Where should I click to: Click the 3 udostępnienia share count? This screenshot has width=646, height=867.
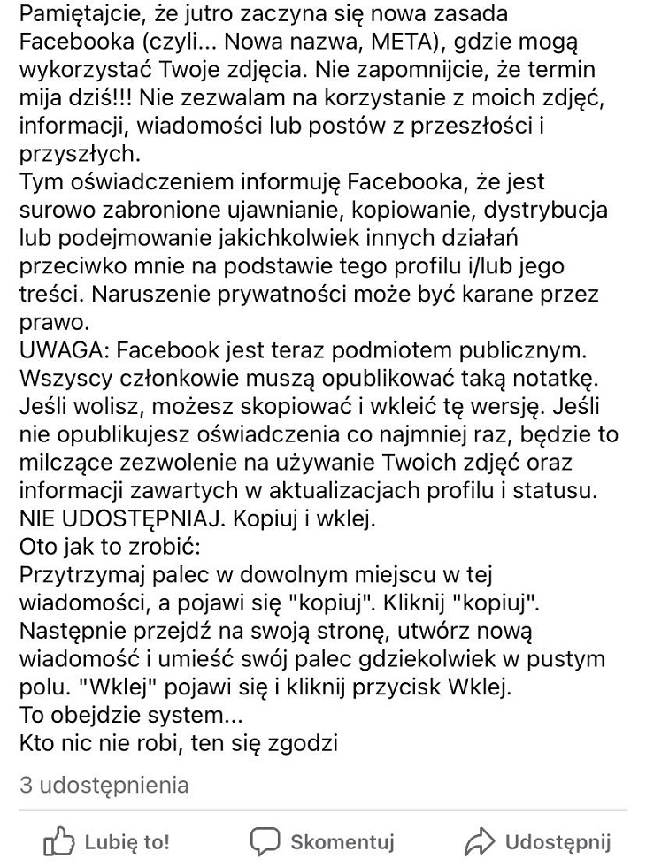coord(104,785)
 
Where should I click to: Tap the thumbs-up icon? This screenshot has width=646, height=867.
coord(58,841)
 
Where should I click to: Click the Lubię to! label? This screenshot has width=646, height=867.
coord(127,841)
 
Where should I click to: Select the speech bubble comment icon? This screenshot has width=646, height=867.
coord(265,841)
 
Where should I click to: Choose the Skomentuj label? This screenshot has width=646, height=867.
coord(342,841)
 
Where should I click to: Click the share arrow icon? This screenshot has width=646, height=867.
coord(479,841)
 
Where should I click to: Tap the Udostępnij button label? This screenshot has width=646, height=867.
coord(558,841)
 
